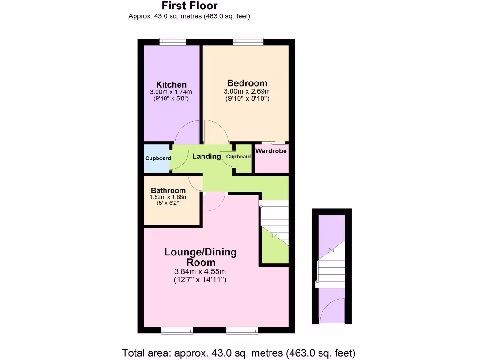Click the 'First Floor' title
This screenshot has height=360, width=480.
[189, 6]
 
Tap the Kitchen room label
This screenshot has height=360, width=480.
[171, 84]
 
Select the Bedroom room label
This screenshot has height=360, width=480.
[247, 83]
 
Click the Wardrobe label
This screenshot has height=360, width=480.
[271, 151]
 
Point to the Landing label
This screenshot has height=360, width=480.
[206, 157]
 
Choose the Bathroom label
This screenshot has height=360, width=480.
[168, 190]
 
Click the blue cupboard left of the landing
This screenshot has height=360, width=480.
[157, 158]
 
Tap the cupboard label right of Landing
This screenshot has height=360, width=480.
[239, 157]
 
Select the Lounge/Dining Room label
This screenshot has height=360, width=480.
[200, 257]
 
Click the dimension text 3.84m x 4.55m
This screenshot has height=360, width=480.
[200, 272]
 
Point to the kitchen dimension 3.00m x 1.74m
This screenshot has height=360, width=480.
[171, 92]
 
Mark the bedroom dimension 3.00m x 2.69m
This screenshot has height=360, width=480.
[247, 91]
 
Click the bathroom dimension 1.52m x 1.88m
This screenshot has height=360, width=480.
[168, 197]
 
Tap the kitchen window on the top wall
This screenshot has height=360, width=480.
[172, 42]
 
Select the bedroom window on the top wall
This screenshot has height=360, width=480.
[247, 42]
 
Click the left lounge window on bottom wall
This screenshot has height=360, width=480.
[177, 330]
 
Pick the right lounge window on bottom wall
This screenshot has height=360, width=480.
[242, 330]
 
